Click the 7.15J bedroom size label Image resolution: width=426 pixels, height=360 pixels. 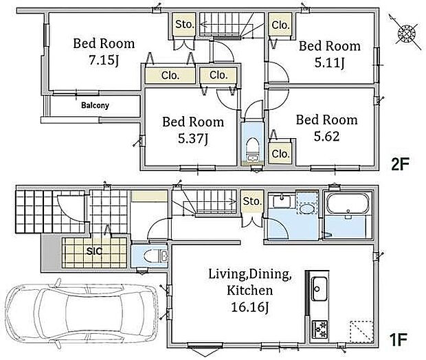coord(104,60)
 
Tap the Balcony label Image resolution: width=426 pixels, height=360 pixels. coord(95,105)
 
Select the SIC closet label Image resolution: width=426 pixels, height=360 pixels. coord(95,251)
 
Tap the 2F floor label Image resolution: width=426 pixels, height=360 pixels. coord(400,164)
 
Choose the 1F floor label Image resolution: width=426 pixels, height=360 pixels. coord(399,339)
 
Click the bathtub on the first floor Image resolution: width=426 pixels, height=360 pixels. coord(348,204)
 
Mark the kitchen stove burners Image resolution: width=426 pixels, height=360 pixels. coord(319,329)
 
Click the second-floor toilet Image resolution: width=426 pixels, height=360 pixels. coord(252,148)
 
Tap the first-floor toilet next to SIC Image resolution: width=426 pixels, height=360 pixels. coord(153,256)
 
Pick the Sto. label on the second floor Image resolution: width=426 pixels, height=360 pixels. coord(184,24)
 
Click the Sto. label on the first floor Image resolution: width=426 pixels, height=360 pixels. coord(252,201)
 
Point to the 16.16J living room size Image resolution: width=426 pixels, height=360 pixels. coord(249,307)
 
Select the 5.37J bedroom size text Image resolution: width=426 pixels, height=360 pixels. coord(193,139)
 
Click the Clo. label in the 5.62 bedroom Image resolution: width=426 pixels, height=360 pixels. coord(280,154)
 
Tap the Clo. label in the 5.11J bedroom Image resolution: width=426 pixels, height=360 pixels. coord(280,25)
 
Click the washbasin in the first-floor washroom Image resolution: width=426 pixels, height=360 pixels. coord(282,201)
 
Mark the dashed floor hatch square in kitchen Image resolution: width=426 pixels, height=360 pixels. coord(361,331)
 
